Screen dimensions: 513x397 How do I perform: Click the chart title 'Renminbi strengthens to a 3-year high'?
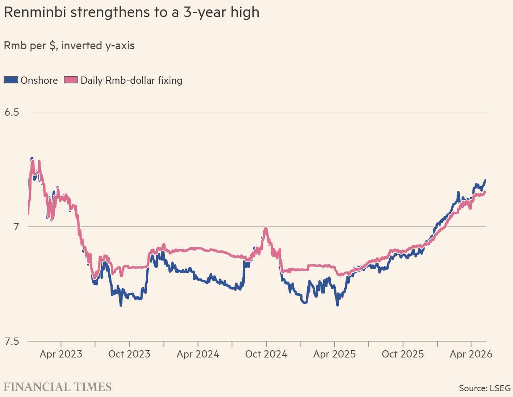pos(132,12)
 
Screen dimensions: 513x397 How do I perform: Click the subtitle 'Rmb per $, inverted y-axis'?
pos(69,46)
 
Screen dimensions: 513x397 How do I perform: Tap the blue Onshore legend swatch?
pos(11,80)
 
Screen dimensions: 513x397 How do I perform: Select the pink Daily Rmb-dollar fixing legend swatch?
pos(71,80)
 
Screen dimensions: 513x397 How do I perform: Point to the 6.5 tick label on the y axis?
pos(12,112)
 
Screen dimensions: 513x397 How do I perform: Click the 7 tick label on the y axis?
pos(16,227)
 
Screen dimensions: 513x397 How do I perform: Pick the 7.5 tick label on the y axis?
pos(12,342)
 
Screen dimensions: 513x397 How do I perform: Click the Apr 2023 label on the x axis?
pos(61,354)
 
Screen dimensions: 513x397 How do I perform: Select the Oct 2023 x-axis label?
pos(129,354)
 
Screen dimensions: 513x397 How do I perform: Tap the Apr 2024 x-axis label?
pos(198,354)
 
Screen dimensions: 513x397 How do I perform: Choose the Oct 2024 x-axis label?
pos(266,354)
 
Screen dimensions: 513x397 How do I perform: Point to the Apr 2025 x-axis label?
pos(334,354)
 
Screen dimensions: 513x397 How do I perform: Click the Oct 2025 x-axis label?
pos(403,354)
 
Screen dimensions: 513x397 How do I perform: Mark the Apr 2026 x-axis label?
pos(471,354)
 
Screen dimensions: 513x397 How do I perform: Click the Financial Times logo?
pos(58,387)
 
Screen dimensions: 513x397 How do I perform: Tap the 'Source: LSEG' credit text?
pos(485,388)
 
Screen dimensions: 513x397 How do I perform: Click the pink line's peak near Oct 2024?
pos(266,228)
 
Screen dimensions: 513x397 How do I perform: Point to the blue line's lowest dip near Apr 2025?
pos(337,305)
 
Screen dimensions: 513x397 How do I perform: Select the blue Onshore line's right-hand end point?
pos(485,181)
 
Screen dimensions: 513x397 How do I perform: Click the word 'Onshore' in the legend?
pos(39,80)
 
